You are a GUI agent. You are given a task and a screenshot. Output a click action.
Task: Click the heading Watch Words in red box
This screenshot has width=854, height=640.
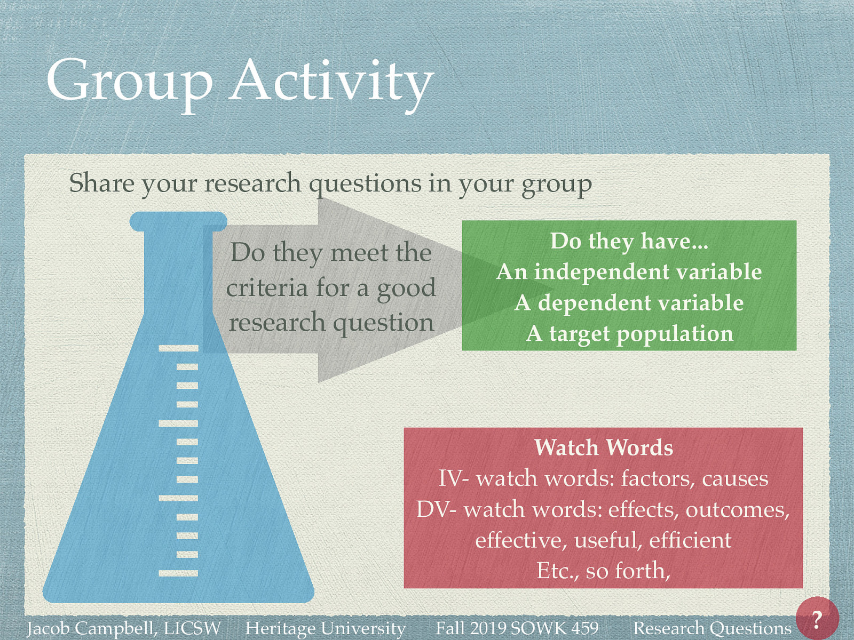603,447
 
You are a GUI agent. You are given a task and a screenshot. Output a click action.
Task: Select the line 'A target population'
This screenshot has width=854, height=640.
629,334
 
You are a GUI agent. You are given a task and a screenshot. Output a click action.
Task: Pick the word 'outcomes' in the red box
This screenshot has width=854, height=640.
736,509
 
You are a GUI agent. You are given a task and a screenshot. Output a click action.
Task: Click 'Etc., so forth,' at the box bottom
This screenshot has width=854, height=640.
603,571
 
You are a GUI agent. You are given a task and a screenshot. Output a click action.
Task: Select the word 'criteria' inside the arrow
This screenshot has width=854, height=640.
266,289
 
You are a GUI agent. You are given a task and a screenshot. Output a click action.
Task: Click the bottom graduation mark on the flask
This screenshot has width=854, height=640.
178,573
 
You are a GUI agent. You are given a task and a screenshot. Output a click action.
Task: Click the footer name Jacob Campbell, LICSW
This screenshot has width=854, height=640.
124,628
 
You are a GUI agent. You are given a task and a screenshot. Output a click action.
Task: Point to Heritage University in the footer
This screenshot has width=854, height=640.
325,628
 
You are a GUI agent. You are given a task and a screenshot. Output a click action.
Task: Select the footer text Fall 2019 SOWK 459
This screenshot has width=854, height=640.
517,628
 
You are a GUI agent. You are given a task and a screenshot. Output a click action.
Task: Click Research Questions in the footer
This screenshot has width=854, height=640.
711,628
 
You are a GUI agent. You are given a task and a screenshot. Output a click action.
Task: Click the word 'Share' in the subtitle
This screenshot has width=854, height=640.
101,183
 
